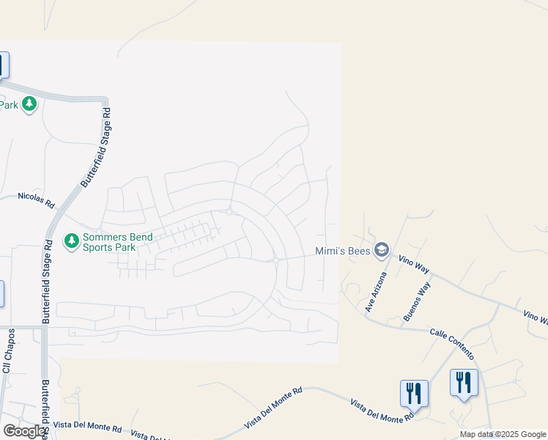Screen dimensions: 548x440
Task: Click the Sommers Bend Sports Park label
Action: coord(109,241)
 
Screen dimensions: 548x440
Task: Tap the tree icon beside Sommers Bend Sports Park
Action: coord(71,241)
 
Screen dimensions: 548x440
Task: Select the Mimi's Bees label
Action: coord(342,251)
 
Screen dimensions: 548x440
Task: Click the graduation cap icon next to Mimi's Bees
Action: coord(381,251)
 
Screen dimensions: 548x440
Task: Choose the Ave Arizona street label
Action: coord(376,292)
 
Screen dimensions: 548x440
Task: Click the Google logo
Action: coord(24,430)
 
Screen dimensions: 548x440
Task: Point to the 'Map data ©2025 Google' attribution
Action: coord(503,434)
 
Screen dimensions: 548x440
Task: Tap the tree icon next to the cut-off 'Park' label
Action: coord(29,104)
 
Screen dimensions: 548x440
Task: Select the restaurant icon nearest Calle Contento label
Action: coord(463,382)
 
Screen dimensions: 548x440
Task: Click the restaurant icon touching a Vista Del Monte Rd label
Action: coord(414,393)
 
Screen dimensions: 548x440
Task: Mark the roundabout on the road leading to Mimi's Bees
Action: coord(275,260)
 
